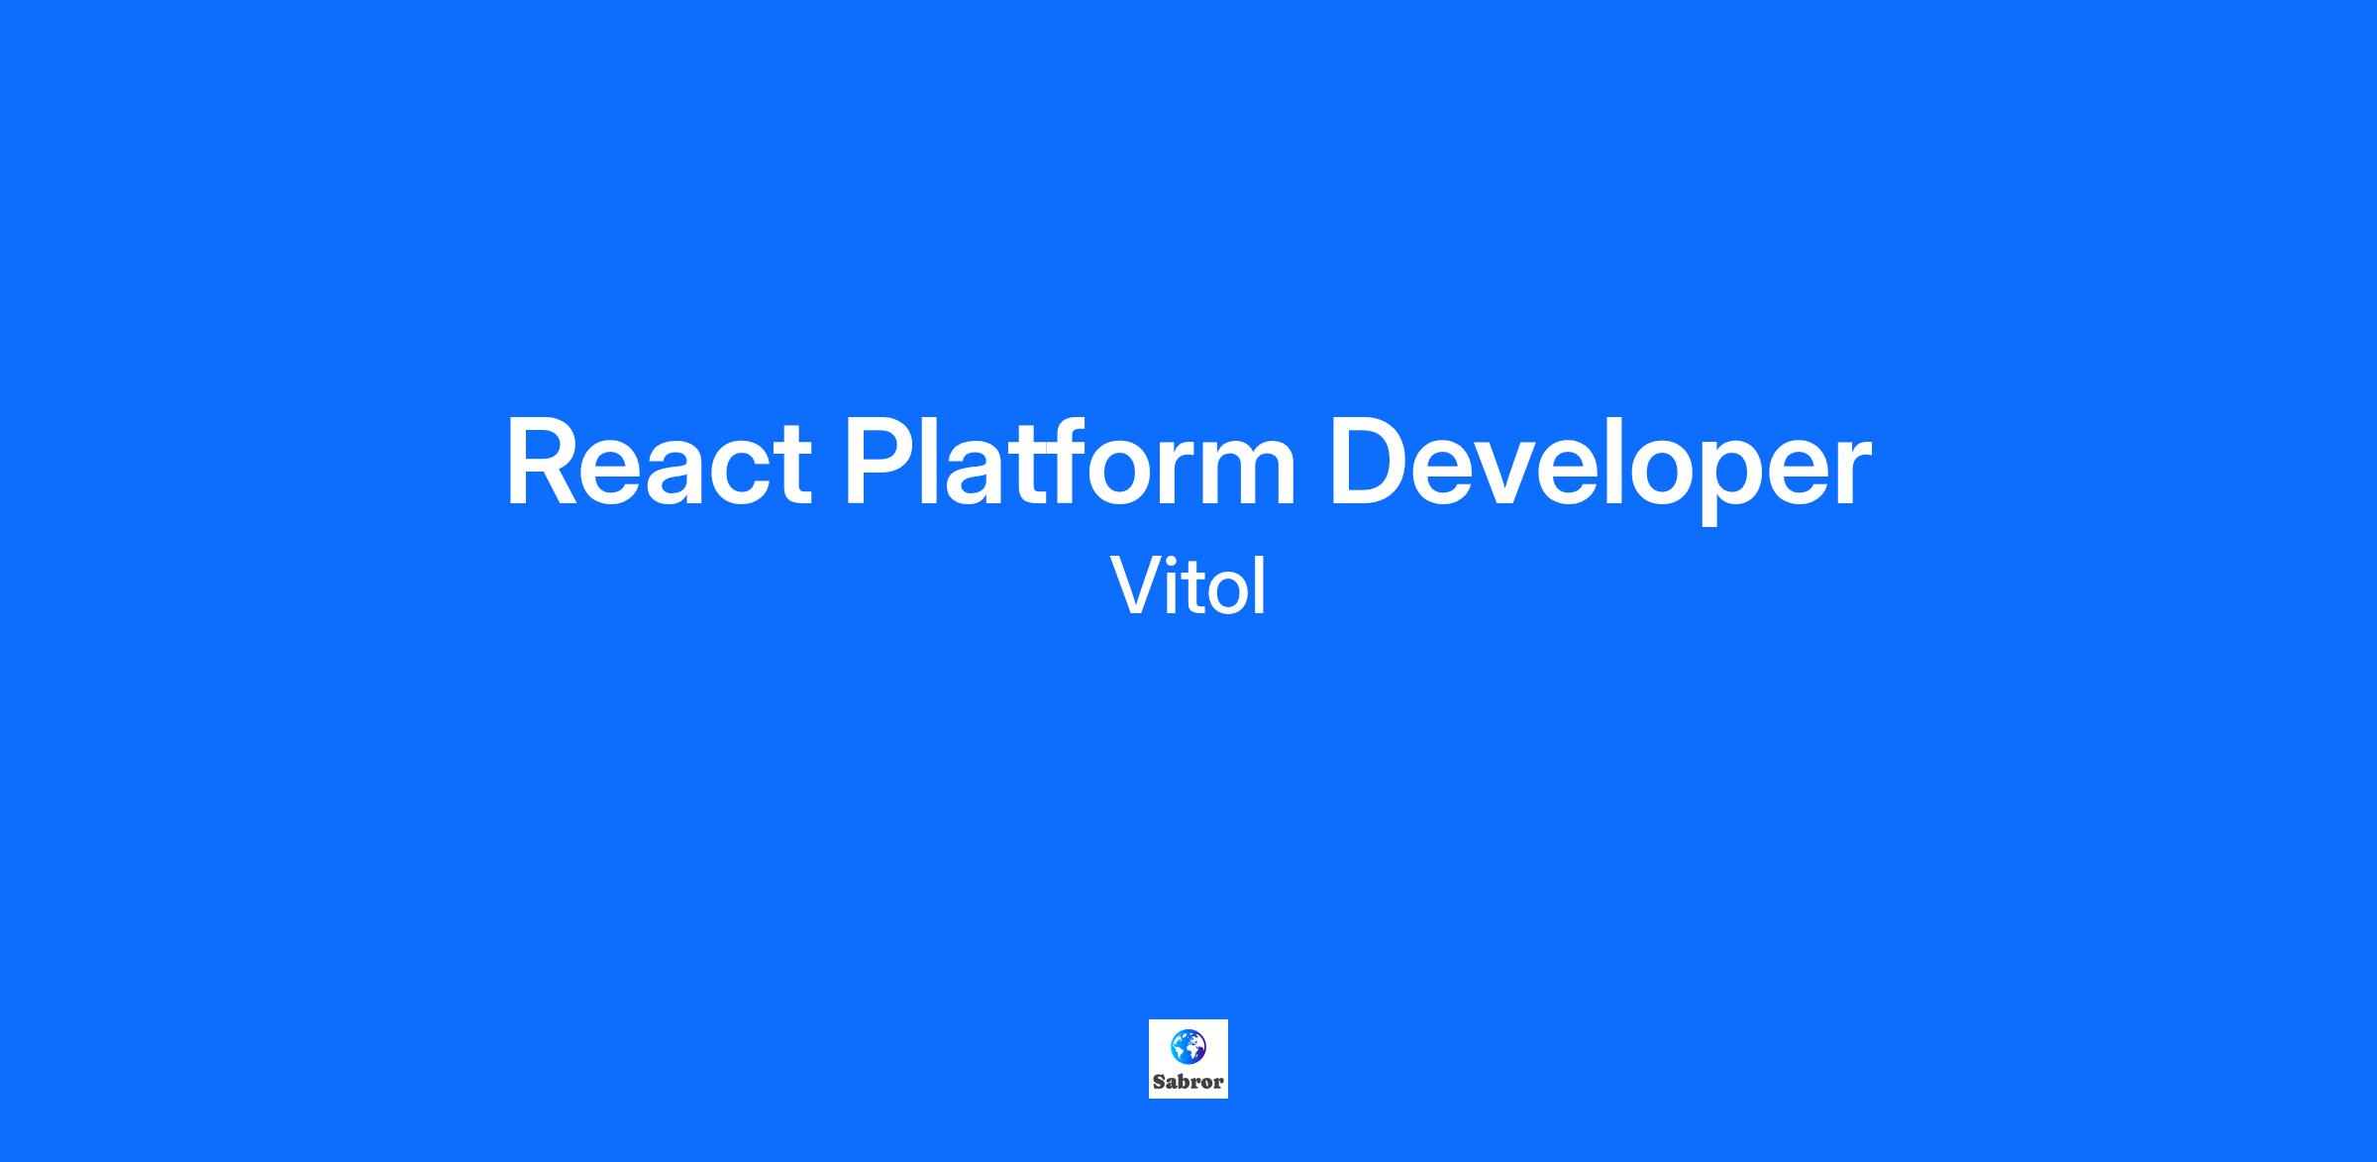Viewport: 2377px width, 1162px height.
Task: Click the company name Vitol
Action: (x=1188, y=585)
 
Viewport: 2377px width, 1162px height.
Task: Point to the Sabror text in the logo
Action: (x=1188, y=1082)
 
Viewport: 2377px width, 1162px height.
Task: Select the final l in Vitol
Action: (x=1261, y=584)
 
